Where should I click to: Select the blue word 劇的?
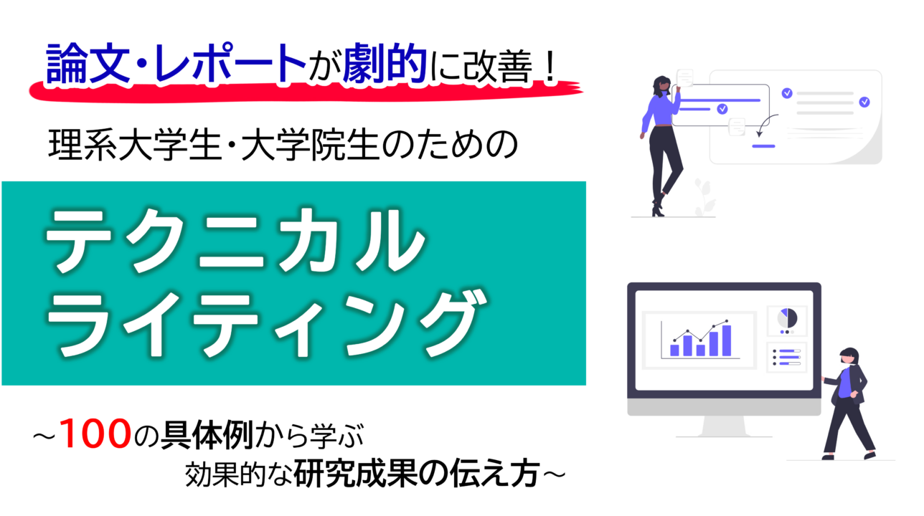click(x=384, y=64)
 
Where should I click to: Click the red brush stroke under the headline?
click(x=306, y=92)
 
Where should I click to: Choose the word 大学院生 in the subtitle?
click(x=310, y=145)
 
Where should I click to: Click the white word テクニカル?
click(x=235, y=240)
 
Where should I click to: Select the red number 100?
click(x=95, y=434)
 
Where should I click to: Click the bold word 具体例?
click(x=207, y=435)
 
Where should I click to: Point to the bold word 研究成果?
click(x=355, y=474)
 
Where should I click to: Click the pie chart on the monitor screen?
click(x=787, y=318)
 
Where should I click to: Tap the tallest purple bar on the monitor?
click(x=727, y=340)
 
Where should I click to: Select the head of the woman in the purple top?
click(x=662, y=86)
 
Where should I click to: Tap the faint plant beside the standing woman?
click(x=704, y=197)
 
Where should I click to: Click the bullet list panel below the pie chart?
click(x=786, y=358)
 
